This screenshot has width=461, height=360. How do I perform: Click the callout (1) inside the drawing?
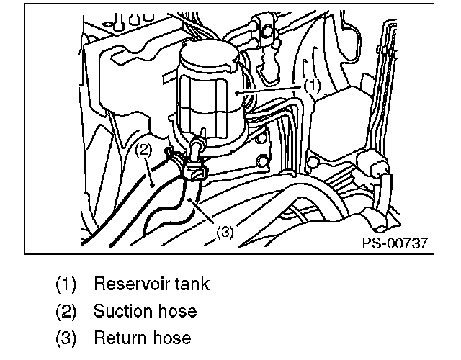(x=310, y=84)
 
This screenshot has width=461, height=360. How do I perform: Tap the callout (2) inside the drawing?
(x=143, y=150)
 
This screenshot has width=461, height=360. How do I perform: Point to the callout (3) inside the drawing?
(x=225, y=233)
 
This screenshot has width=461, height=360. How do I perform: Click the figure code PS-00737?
(x=395, y=243)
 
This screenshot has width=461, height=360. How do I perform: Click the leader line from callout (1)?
(x=274, y=89)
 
